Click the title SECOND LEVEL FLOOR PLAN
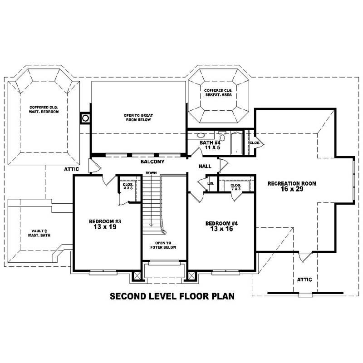coord(172,297)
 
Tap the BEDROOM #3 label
coord(105,225)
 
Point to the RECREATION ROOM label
coord(292,186)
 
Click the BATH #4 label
coord(210,145)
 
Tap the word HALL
coord(205,167)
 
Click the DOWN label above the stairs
coord(151,173)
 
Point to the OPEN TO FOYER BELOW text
coord(164,245)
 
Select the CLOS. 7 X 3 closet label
coord(235,186)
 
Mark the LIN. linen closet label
coord(211,183)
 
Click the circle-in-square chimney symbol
coord(85,118)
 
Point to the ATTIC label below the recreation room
coord(304,280)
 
